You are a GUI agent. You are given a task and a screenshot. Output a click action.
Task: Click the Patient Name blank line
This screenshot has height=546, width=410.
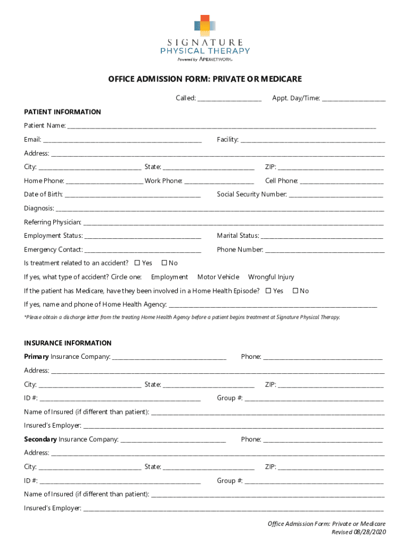tap(221, 127)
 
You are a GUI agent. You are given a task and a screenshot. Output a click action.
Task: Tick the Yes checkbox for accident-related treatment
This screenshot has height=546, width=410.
tap(137, 263)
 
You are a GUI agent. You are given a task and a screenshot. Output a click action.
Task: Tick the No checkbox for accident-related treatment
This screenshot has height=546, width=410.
tap(164, 263)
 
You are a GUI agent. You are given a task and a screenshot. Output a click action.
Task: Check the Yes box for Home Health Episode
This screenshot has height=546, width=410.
tap(268, 291)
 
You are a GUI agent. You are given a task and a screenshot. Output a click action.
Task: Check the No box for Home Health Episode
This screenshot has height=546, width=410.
tap(295, 291)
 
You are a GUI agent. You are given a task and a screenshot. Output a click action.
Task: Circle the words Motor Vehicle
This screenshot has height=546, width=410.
tap(218, 277)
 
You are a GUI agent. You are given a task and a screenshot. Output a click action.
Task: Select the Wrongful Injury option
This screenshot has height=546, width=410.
tap(270, 277)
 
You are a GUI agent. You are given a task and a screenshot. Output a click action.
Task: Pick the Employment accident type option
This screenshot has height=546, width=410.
tap(169, 277)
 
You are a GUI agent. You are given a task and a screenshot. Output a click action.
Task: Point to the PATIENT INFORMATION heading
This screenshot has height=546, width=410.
tap(62, 112)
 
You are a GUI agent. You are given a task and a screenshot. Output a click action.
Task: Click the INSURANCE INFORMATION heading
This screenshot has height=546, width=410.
tap(68, 343)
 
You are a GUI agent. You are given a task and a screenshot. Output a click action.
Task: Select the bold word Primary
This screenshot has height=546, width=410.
tap(36, 356)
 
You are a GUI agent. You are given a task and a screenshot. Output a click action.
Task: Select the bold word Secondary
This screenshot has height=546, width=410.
tap(40, 439)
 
